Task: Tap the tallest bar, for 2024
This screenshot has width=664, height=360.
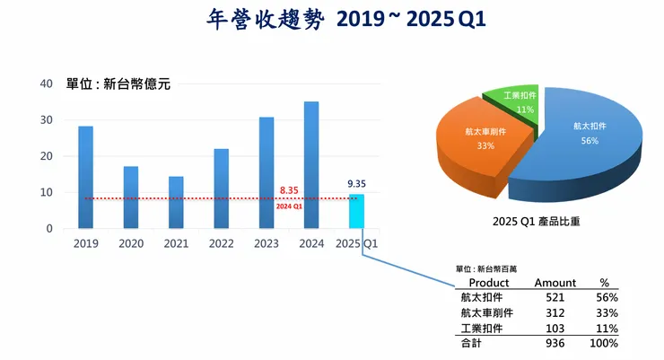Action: [x=311, y=165]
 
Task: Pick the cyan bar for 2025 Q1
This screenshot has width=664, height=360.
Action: [x=356, y=211]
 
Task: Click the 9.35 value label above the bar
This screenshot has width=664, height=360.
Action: [x=356, y=184]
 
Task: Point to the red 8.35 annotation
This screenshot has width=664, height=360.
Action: [x=289, y=190]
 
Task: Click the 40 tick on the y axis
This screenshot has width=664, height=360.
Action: [x=46, y=83]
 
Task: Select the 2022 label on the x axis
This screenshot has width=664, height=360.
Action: [x=221, y=243]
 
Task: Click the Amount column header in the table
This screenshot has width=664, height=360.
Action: [x=555, y=283]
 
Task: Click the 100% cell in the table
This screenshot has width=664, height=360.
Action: [x=605, y=344]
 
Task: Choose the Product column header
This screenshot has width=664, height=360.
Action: [x=489, y=283]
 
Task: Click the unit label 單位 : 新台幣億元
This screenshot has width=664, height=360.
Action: [x=118, y=85]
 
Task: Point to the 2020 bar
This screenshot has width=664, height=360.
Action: [x=131, y=198]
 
